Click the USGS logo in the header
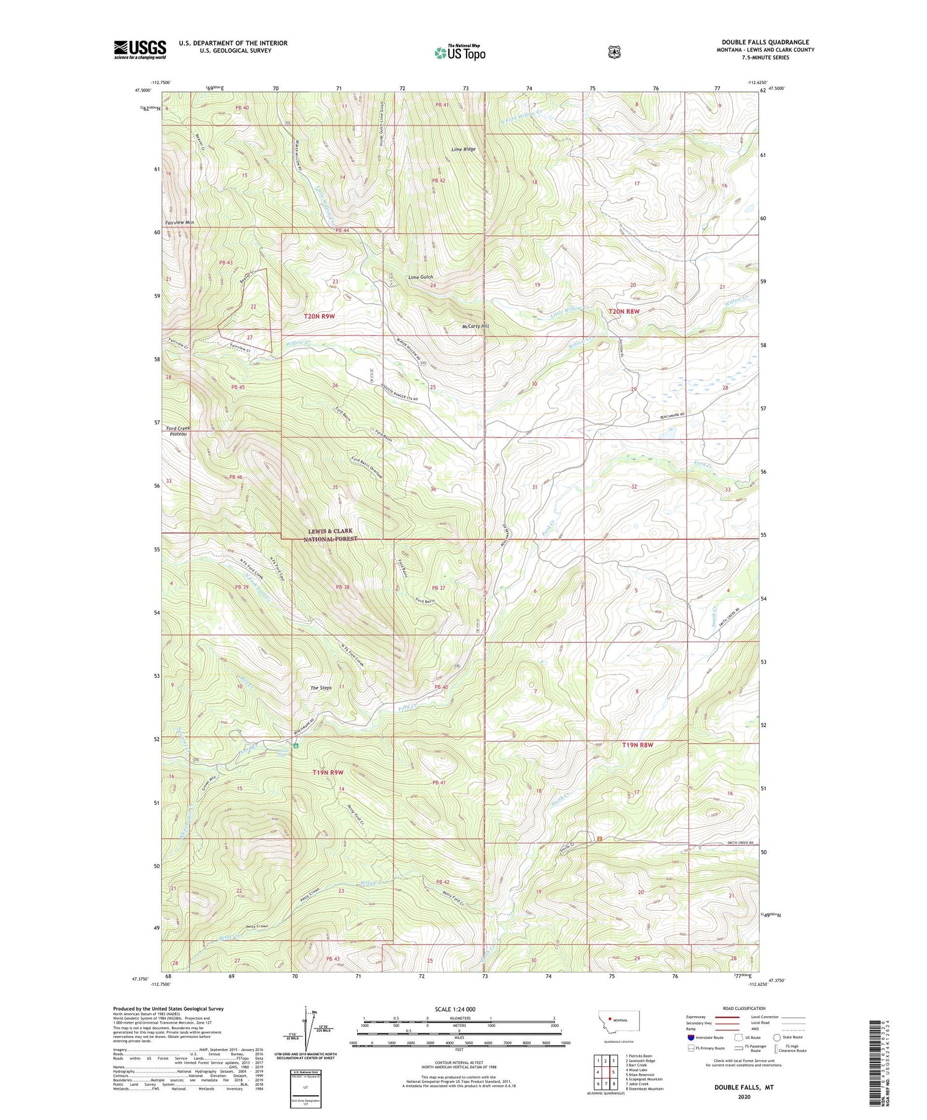pos(140,49)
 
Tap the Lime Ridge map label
pos(463,149)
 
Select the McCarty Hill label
pos(475,326)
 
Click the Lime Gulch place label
pos(420,277)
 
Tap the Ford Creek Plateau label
pos(177,431)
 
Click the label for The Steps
pos(321,688)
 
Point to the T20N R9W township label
pos(319,316)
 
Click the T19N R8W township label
pos(637,745)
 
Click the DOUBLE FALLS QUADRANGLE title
pos(765,42)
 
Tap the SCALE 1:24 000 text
pos(455,1009)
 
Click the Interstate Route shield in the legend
pos(690,1037)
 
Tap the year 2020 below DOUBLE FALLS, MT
pos(743,1097)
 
